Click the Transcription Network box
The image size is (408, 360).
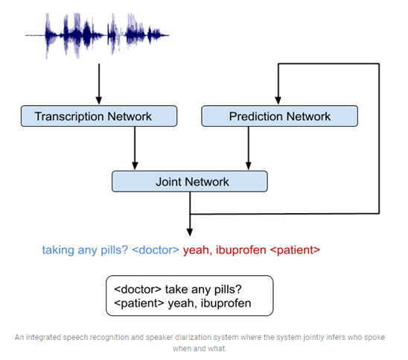coord(99,116)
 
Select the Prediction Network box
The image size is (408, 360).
coord(279,116)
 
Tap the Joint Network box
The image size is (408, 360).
coord(190,182)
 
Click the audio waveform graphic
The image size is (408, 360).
coord(98,36)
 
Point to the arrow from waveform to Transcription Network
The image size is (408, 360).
coord(99,84)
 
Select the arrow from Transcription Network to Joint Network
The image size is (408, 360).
coord(135,148)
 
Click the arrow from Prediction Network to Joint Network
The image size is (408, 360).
coord(249,148)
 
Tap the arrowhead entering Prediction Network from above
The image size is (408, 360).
coord(278,101)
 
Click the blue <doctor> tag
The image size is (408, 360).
coord(156,250)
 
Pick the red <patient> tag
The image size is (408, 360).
coord(295,250)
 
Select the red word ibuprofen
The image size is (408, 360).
coord(241,250)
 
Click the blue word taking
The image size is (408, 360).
coord(58,250)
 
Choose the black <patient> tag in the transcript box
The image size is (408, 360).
coord(139,303)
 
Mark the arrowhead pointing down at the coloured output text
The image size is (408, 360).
coord(190,233)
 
